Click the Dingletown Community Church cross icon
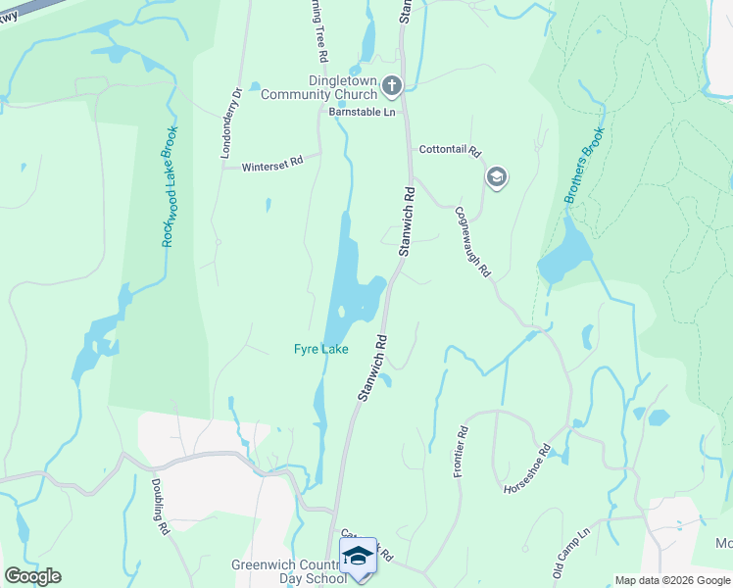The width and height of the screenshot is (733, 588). tap(392, 86)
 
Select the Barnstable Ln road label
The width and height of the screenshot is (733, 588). tap(361, 113)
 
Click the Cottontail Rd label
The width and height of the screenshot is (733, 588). tap(450, 151)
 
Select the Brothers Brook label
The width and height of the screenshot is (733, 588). tap(584, 166)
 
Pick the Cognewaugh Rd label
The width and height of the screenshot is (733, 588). tap(471, 241)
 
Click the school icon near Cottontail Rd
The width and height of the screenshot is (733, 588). tap(497, 177)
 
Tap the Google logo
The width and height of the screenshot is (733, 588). tap(32, 576)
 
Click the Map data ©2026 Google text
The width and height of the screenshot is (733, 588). tap(672, 580)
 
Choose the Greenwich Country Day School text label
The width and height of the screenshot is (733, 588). tap(289, 571)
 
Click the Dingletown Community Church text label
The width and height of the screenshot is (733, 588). tap(318, 88)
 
